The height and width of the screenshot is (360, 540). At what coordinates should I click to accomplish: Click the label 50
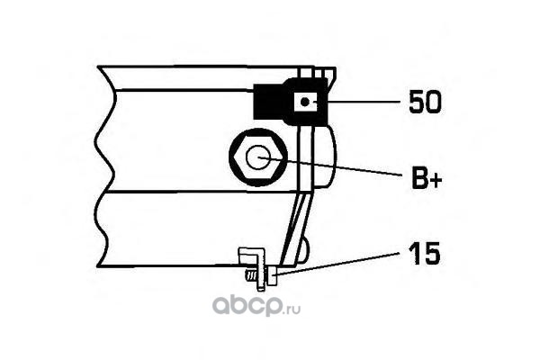click(425, 103)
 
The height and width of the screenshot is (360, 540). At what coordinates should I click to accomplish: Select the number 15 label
click(424, 255)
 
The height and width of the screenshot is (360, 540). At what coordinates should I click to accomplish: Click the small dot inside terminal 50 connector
click(307, 103)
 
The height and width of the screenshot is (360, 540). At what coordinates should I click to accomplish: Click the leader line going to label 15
click(342, 261)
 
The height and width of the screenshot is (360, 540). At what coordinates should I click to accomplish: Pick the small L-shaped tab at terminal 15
click(251, 256)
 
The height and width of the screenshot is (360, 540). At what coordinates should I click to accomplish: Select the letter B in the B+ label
click(418, 179)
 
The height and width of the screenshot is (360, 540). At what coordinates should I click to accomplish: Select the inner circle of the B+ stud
click(260, 158)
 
